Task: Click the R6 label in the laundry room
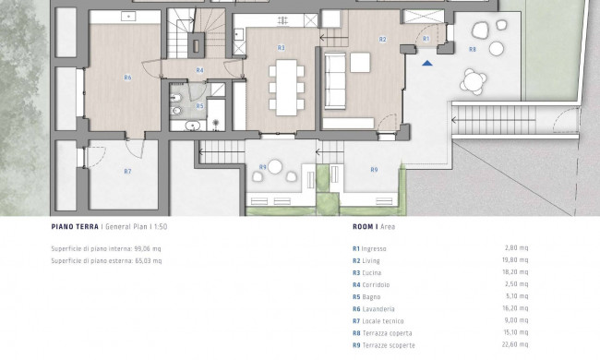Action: (x=127, y=78)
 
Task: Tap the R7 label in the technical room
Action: (x=127, y=172)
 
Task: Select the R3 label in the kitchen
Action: (x=282, y=48)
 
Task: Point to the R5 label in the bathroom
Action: (x=199, y=106)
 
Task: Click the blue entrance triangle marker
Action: (x=427, y=63)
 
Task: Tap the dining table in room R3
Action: (x=286, y=88)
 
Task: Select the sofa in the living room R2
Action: (x=335, y=81)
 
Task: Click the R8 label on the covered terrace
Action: (x=473, y=49)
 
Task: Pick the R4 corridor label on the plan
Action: (x=199, y=70)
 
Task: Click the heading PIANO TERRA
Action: (x=75, y=226)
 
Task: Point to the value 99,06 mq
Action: (x=148, y=248)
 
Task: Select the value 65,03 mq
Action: (x=149, y=261)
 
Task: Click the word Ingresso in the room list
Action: (x=374, y=248)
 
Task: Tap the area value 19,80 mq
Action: (x=515, y=260)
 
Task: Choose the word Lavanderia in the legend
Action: (x=378, y=308)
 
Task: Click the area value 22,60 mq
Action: (x=515, y=344)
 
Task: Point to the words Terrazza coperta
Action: (x=388, y=333)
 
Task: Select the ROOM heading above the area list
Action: (x=363, y=226)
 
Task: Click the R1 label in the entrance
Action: (x=426, y=39)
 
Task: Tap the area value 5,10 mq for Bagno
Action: (x=517, y=296)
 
